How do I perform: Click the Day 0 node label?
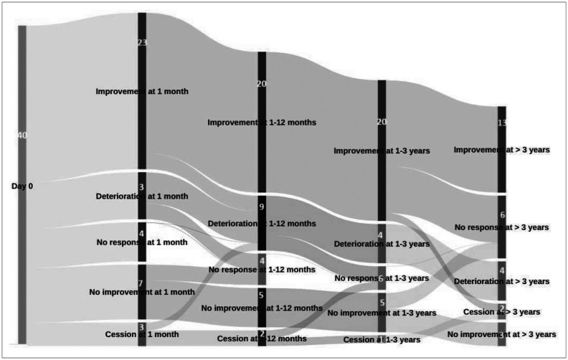tap(22, 186)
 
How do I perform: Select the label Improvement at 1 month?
tap(141, 91)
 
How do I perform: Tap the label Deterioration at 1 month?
tap(142, 196)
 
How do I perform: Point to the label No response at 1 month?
tap(142, 242)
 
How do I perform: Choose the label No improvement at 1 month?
tap(142, 292)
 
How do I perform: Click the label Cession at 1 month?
tap(142, 334)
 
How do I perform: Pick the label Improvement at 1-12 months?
tap(261, 123)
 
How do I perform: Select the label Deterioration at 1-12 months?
tap(261, 224)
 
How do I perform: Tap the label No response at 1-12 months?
tap(261, 270)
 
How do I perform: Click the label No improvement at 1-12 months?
tap(261, 308)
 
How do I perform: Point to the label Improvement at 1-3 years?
tap(381, 151)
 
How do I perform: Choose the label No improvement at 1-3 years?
tap(381, 313)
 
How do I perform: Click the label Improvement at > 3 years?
tap(501, 149)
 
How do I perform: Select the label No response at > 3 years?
tap(501, 227)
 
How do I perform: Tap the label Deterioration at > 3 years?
tap(501, 280)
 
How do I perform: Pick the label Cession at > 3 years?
tap(501, 312)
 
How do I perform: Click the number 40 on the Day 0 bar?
tap(22, 136)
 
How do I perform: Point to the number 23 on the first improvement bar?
tap(142, 42)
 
